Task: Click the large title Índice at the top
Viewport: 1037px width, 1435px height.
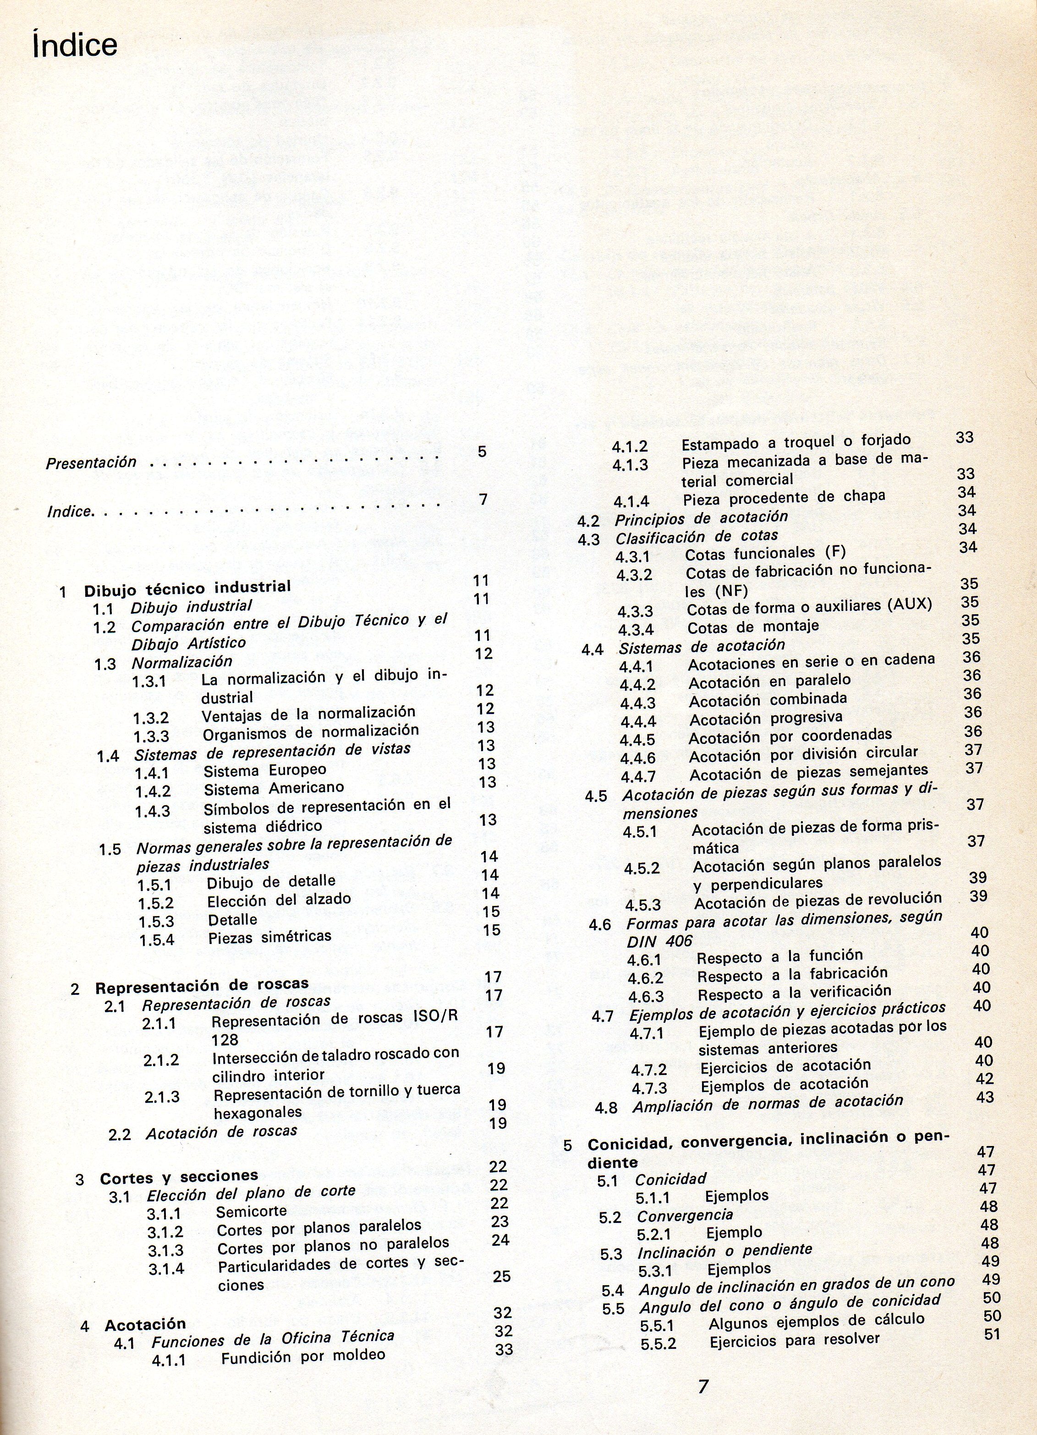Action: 75,45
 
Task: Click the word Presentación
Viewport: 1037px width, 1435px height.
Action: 91,463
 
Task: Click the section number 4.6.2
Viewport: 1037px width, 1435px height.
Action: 646,979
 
